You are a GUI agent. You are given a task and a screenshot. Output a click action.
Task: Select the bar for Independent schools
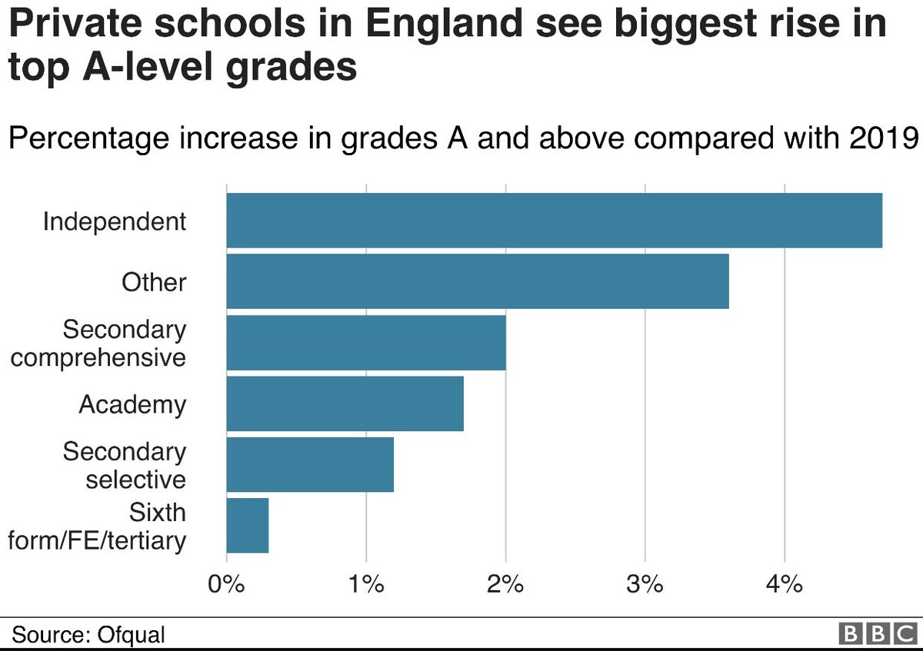point(554,221)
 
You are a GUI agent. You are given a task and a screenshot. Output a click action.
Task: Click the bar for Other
point(477,281)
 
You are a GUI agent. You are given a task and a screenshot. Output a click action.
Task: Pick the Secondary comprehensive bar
point(366,343)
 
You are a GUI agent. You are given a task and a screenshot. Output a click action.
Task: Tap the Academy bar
point(345,404)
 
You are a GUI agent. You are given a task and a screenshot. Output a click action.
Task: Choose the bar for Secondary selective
point(310,464)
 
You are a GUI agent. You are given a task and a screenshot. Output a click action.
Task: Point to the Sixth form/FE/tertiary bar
point(248,526)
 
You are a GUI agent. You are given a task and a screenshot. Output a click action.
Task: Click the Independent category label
point(115,221)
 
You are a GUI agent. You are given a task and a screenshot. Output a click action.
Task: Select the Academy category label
point(132,404)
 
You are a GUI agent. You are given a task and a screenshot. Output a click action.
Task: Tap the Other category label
point(154,282)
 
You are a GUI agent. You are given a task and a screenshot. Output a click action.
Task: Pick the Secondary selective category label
point(125,465)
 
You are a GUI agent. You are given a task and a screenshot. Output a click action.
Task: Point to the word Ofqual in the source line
point(132,635)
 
